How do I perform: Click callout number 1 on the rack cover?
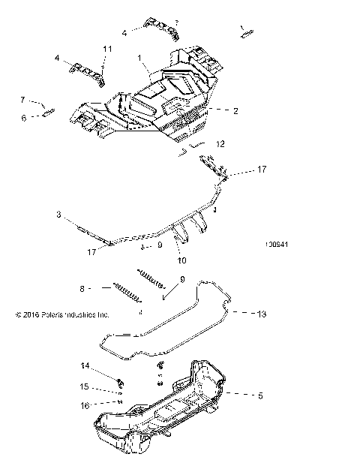pyautogui.click(x=139, y=57)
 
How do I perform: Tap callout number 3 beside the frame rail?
pyautogui.click(x=58, y=215)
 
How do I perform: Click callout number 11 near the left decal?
pyautogui.click(x=107, y=49)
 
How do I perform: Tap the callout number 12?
pyautogui.click(x=219, y=143)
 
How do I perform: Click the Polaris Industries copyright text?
pyautogui.click(x=62, y=315)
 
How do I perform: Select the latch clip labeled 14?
pyautogui.click(x=120, y=377)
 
